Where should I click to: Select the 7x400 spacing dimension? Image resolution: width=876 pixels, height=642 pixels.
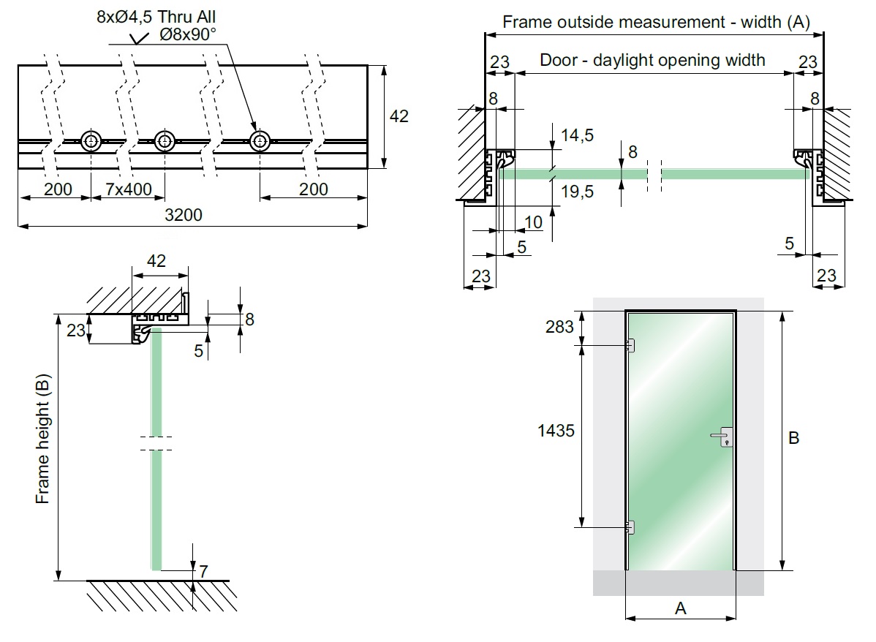128,189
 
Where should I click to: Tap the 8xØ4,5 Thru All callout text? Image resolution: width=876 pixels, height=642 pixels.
156,17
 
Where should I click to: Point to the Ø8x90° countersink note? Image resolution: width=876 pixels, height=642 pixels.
187,34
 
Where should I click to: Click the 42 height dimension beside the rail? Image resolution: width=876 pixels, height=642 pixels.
400,116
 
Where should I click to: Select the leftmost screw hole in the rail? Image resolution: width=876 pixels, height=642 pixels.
91,141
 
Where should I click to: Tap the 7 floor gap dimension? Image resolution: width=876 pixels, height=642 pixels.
203,570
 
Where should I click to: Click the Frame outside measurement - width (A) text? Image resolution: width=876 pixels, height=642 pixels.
655,22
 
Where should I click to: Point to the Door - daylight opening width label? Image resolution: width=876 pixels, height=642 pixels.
652,60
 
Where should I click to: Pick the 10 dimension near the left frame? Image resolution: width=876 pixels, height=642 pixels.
535,222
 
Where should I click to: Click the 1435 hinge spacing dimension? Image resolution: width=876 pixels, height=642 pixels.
556,431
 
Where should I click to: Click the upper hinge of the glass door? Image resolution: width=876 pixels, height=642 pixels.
629,346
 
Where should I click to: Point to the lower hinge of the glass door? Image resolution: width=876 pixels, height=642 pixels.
629,526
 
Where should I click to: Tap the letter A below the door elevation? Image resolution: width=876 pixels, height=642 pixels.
680,608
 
